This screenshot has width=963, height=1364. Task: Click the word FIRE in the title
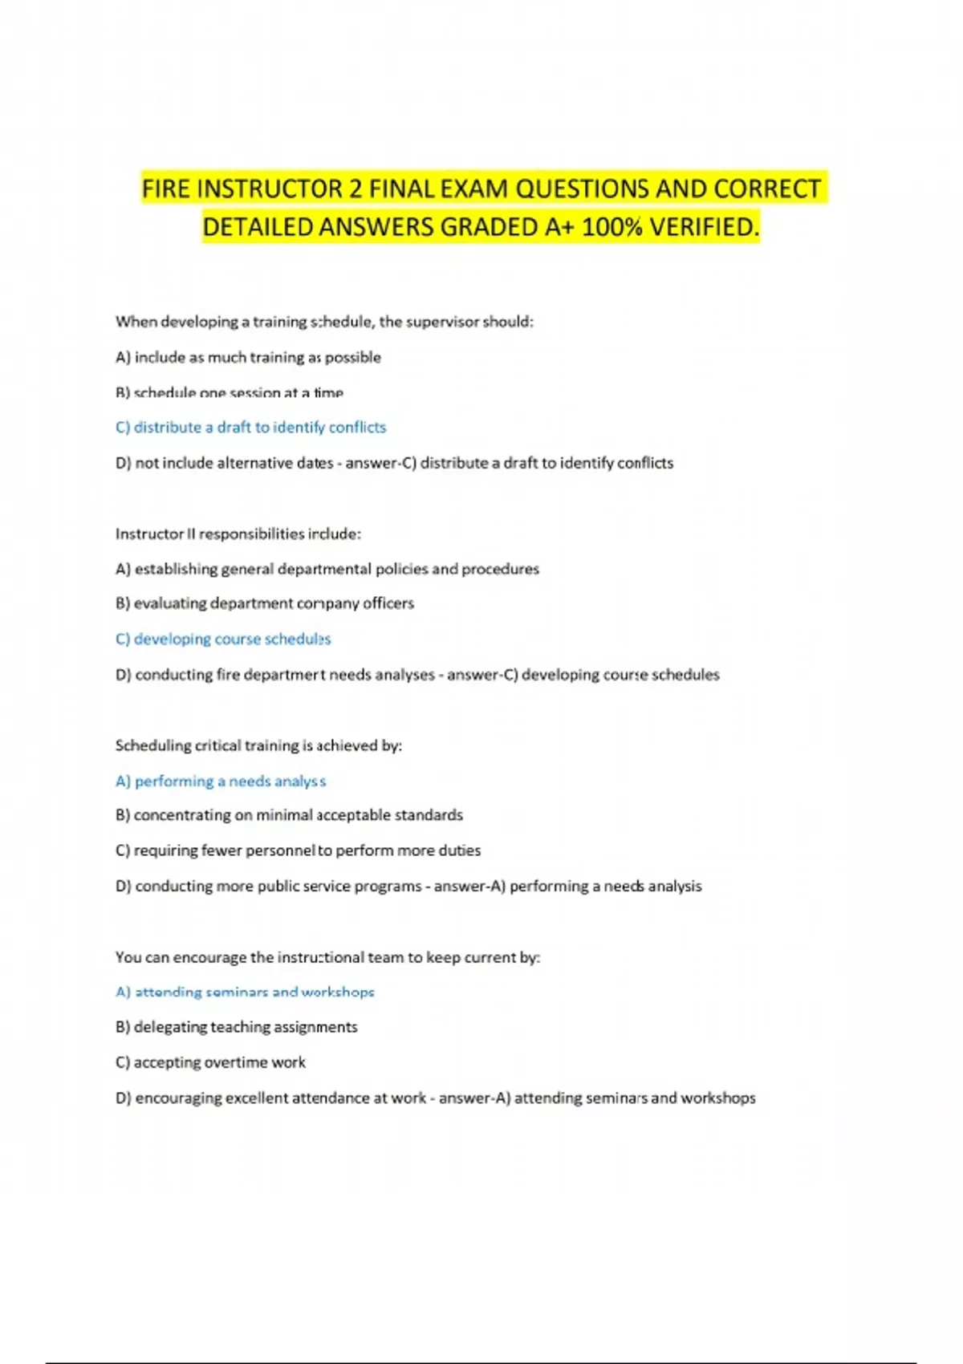coord(166,189)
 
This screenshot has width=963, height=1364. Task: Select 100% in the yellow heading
coord(612,228)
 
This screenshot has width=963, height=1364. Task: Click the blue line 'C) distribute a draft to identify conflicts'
coord(250,428)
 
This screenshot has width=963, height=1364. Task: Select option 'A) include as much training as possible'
coord(248,358)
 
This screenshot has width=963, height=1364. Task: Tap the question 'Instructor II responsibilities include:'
coord(238,534)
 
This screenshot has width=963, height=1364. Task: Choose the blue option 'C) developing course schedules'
coord(223,639)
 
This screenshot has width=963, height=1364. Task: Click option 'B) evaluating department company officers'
coord(265,603)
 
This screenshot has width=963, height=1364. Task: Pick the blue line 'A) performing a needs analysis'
coord(221,781)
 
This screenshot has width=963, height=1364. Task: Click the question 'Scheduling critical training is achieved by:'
coord(258,746)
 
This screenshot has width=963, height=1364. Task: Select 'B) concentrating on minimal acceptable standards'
coord(289,815)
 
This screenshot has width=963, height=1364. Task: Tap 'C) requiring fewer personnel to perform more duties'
coord(298,850)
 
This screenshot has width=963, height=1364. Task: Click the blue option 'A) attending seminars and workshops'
coord(245,993)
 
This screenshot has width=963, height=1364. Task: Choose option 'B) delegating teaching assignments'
coord(237,1027)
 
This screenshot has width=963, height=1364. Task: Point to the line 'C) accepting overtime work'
coord(210,1062)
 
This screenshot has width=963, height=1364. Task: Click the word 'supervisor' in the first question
coord(442,322)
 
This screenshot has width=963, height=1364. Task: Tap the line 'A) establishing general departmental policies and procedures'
coord(327,569)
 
